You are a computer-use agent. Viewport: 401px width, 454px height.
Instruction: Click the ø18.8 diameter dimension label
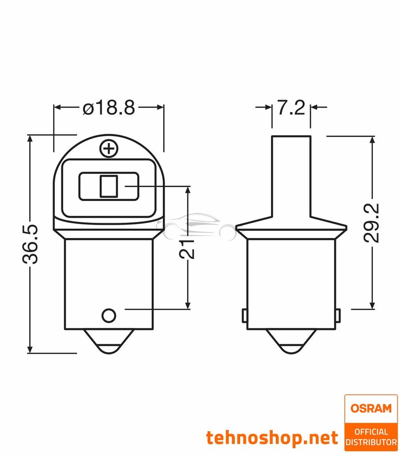pyautogui.click(x=109, y=108)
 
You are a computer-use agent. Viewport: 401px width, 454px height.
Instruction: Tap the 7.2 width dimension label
pyautogui.click(x=291, y=108)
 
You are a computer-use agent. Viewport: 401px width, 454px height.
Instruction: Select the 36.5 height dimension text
pyautogui.click(x=31, y=244)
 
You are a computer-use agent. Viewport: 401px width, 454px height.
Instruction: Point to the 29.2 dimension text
pyautogui.click(x=371, y=222)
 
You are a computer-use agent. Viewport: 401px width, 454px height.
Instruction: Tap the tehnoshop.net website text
pyautogui.click(x=272, y=438)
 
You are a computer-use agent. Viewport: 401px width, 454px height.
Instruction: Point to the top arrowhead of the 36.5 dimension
pyautogui.click(x=31, y=139)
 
